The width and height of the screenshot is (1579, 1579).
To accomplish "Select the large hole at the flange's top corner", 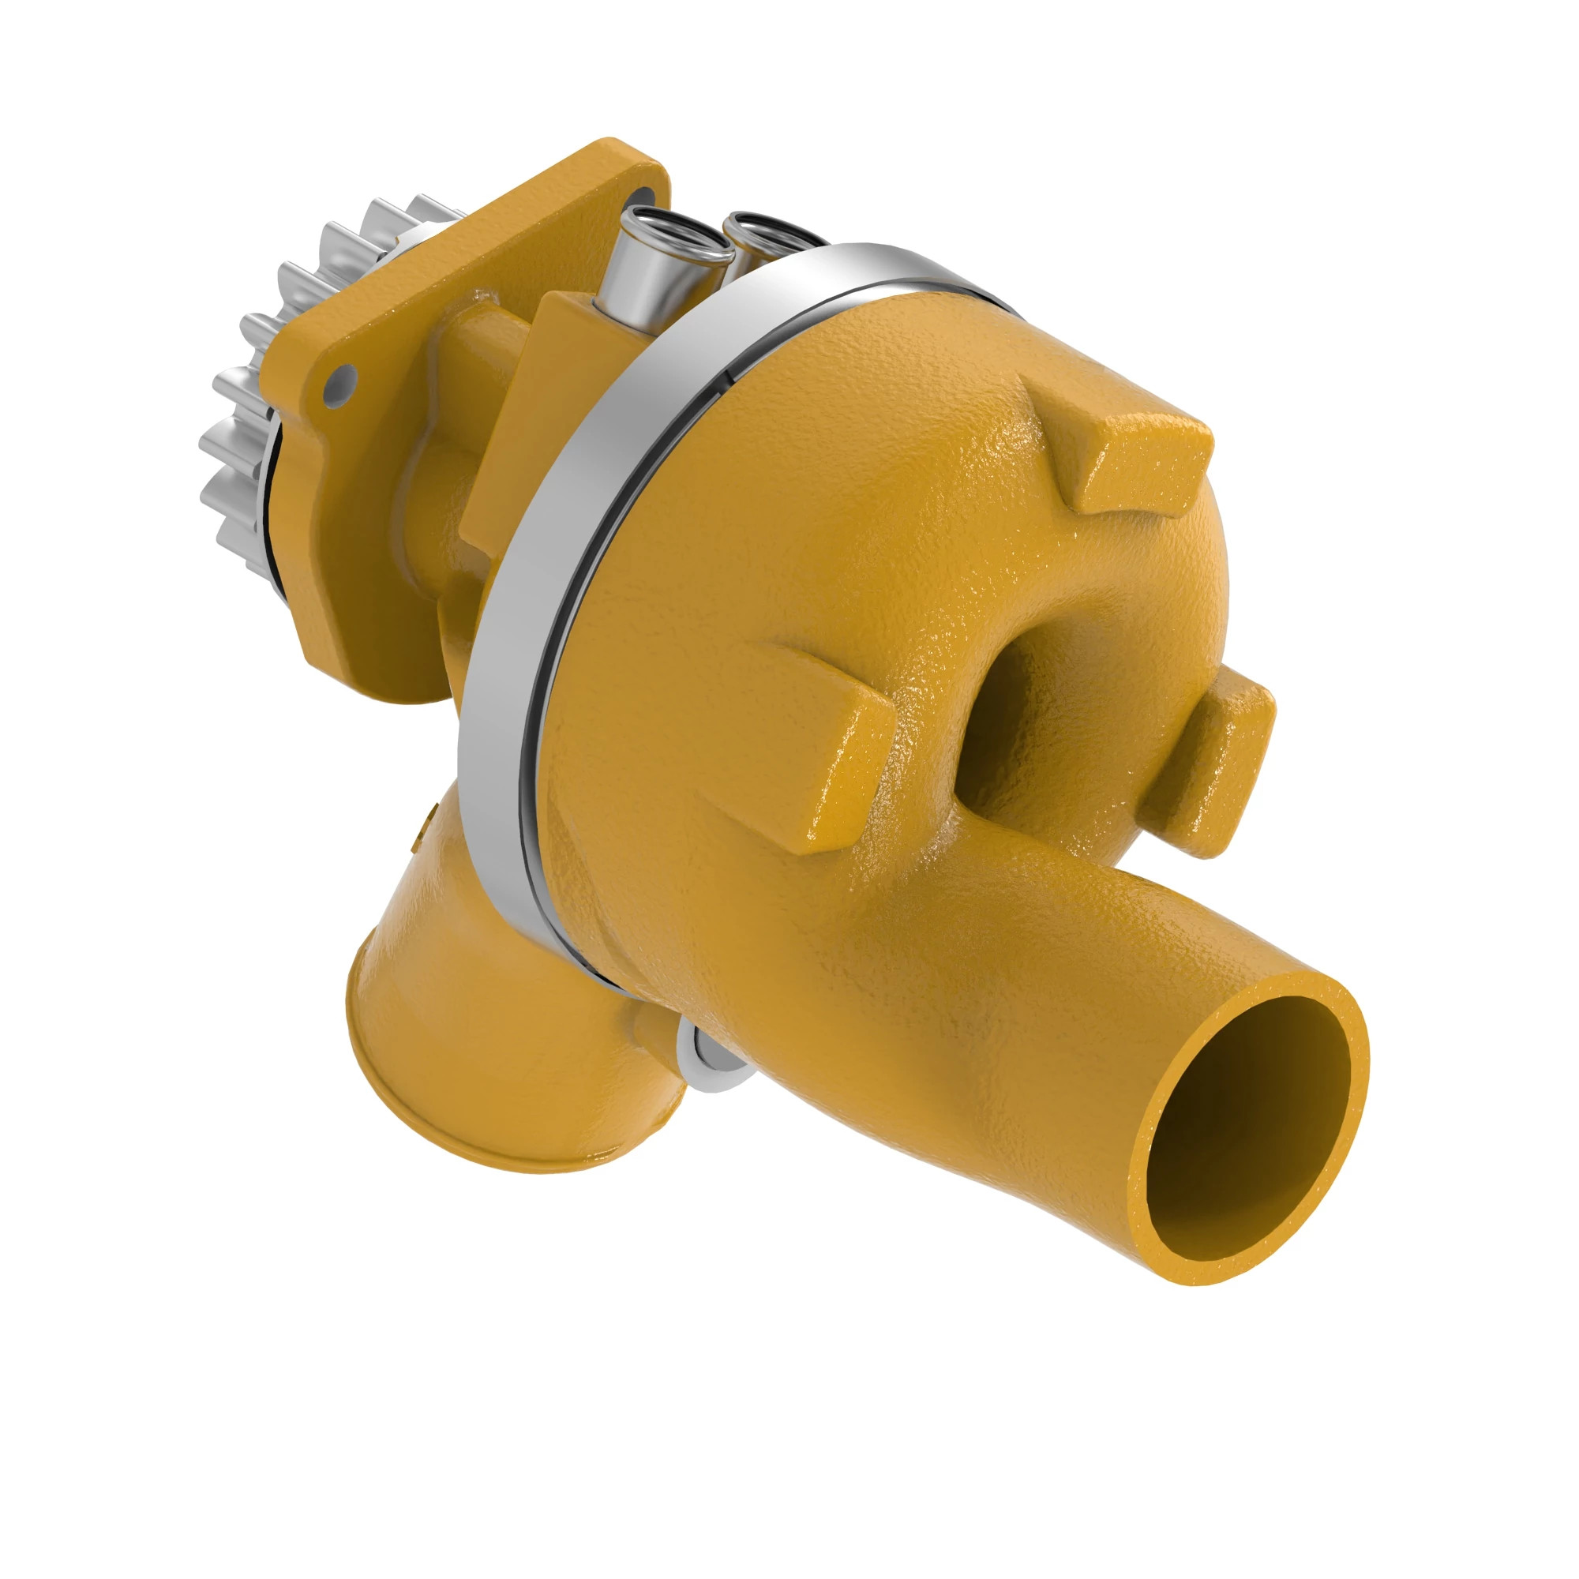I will coord(646,201).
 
